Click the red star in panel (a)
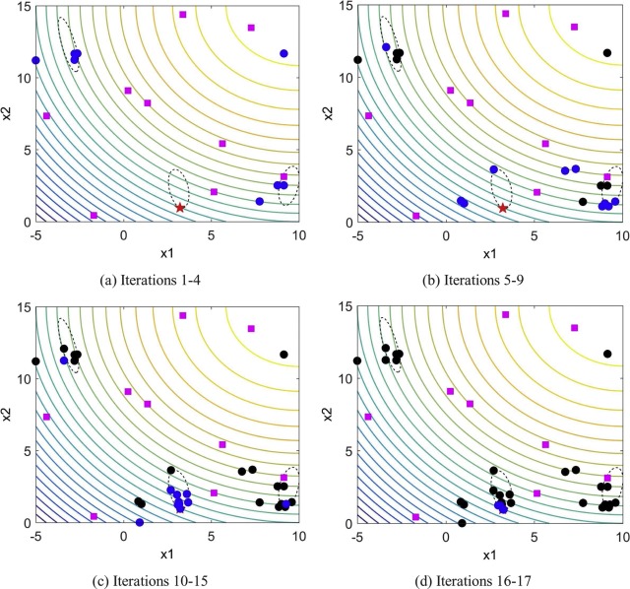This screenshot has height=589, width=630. click(x=179, y=208)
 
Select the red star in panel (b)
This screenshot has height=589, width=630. click(x=502, y=208)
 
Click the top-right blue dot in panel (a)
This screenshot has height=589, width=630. click(x=283, y=53)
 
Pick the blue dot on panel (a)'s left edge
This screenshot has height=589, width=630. click(x=35, y=60)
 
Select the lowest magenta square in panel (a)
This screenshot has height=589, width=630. click(x=94, y=215)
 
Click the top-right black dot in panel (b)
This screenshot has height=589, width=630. click(x=607, y=53)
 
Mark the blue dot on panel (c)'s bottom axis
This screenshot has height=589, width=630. click(x=140, y=522)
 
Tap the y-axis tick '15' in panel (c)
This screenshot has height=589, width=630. click(x=24, y=307)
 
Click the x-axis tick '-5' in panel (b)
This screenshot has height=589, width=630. click(x=358, y=235)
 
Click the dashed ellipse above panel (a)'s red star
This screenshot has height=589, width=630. click(x=178, y=186)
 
